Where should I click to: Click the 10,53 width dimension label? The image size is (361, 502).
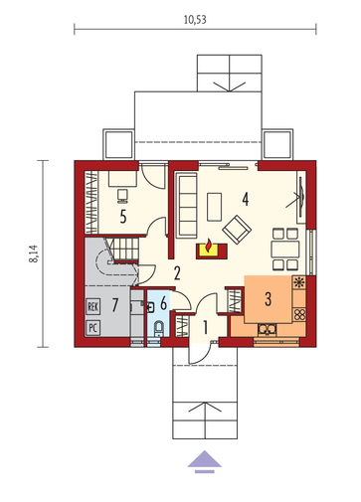click(195, 20)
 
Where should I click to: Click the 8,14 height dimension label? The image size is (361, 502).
click(34, 253)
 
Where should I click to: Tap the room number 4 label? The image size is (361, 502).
click(246, 199)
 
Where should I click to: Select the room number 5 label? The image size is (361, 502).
click(123, 217)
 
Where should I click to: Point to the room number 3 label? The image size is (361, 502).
click(268, 298)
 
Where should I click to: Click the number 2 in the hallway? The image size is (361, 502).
click(177, 273)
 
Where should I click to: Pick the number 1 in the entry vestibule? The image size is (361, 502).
click(205, 327)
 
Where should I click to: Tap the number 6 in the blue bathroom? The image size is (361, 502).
click(163, 303)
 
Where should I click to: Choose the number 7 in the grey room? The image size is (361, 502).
click(114, 305)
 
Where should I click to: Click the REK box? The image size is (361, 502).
click(92, 306)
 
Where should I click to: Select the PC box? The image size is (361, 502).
click(92, 328)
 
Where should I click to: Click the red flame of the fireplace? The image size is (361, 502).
click(209, 246)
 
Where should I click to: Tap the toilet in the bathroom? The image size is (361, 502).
click(159, 328)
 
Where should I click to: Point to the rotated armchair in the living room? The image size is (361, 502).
click(237, 230)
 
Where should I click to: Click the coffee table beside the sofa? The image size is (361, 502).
click(214, 207)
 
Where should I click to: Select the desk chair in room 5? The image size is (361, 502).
click(122, 196)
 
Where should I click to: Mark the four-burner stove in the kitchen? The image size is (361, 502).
click(299, 314)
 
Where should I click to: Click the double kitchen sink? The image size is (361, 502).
click(268, 329)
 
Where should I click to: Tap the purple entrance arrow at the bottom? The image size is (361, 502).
click(205, 461)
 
